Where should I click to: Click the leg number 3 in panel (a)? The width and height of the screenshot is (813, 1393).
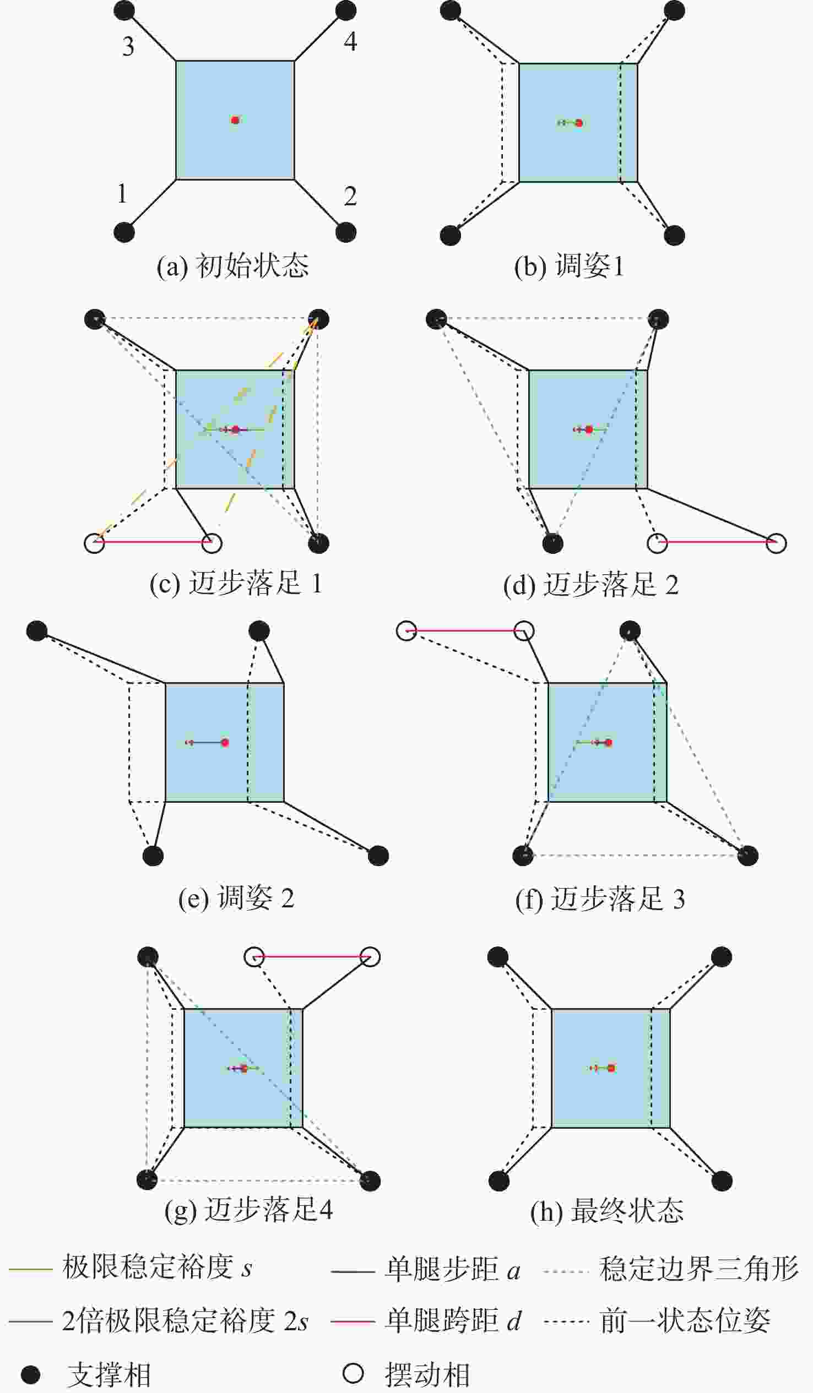pyautogui.click(x=128, y=46)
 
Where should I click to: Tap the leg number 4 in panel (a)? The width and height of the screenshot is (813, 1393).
pyautogui.click(x=350, y=41)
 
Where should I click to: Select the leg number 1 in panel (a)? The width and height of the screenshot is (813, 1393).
pyautogui.click(x=122, y=194)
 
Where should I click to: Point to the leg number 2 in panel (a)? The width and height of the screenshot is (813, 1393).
pyautogui.click(x=350, y=196)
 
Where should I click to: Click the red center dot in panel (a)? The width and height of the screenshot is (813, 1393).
pyautogui.click(x=235, y=120)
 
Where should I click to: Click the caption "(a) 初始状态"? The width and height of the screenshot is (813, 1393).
pyautogui.click(x=232, y=266)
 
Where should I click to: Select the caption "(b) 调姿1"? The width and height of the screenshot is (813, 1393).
pyautogui.click(x=568, y=266)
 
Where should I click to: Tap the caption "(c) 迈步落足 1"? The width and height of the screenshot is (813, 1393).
pyautogui.click(x=236, y=583)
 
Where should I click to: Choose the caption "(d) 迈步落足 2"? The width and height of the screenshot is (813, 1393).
pyautogui.click(x=590, y=584)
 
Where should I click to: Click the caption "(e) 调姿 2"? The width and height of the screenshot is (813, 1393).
pyautogui.click(x=236, y=897)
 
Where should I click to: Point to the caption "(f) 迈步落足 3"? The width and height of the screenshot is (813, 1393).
pyautogui.click(x=600, y=899)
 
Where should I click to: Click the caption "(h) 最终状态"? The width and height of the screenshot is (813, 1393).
pyautogui.click(x=606, y=1211)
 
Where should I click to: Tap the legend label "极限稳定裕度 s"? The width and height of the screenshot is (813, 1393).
pyautogui.click(x=157, y=1267)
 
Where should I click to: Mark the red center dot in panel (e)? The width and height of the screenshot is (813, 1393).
pyautogui.click(x=225, y=742)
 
